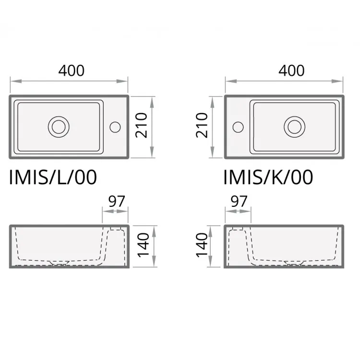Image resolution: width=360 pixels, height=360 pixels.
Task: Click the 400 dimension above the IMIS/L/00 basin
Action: [72, 71]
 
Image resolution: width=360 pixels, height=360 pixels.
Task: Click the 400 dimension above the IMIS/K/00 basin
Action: [291, 71]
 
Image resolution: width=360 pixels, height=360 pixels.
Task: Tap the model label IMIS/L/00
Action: [53, 177]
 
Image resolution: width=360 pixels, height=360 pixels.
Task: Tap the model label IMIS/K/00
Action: [268, 177]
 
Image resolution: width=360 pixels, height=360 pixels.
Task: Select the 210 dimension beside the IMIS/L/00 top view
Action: [141, 125]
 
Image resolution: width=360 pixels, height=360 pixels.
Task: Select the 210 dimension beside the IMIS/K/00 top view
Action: [202, 125]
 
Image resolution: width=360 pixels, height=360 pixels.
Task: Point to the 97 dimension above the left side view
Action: [117, 201]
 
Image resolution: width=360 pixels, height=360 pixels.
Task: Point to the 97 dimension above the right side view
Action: [239, 201]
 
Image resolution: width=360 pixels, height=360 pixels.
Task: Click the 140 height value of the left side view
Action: [144, 245]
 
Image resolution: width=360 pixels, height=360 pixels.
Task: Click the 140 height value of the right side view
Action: [202, 245]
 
